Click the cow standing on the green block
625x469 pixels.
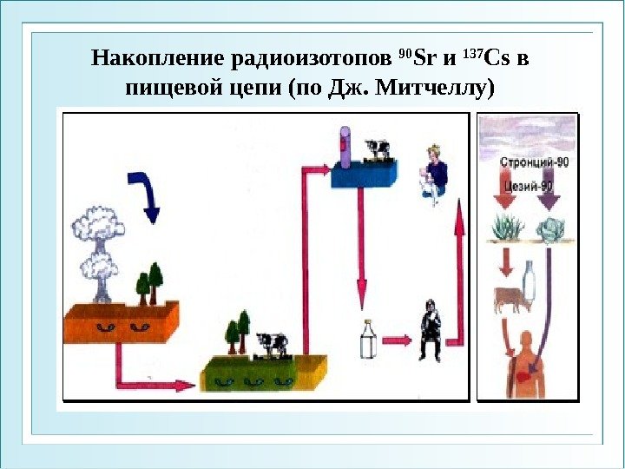(271, 343)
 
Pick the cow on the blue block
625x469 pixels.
(377, 149)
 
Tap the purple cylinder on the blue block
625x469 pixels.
(345, 149)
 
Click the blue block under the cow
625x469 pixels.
(364, 176)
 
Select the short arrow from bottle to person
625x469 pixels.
(397, 340)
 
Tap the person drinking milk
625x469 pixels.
(428, 330)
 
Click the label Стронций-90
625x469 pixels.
(533, 163)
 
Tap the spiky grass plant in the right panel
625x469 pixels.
(506, 228)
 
